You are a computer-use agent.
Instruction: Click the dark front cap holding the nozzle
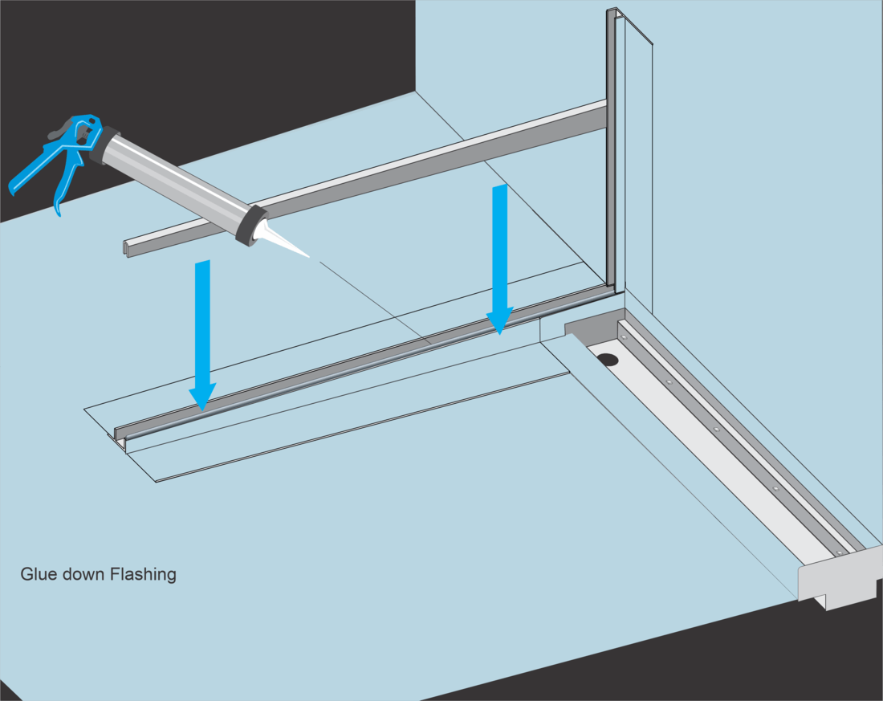[x=252, y=224]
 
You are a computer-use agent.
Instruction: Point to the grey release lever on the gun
[x=61, y=132]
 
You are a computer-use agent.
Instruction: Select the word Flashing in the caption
[x=144, y=575]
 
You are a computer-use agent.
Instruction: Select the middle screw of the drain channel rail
[x=716, y=429]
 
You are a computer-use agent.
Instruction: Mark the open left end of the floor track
[x=120, y=437]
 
